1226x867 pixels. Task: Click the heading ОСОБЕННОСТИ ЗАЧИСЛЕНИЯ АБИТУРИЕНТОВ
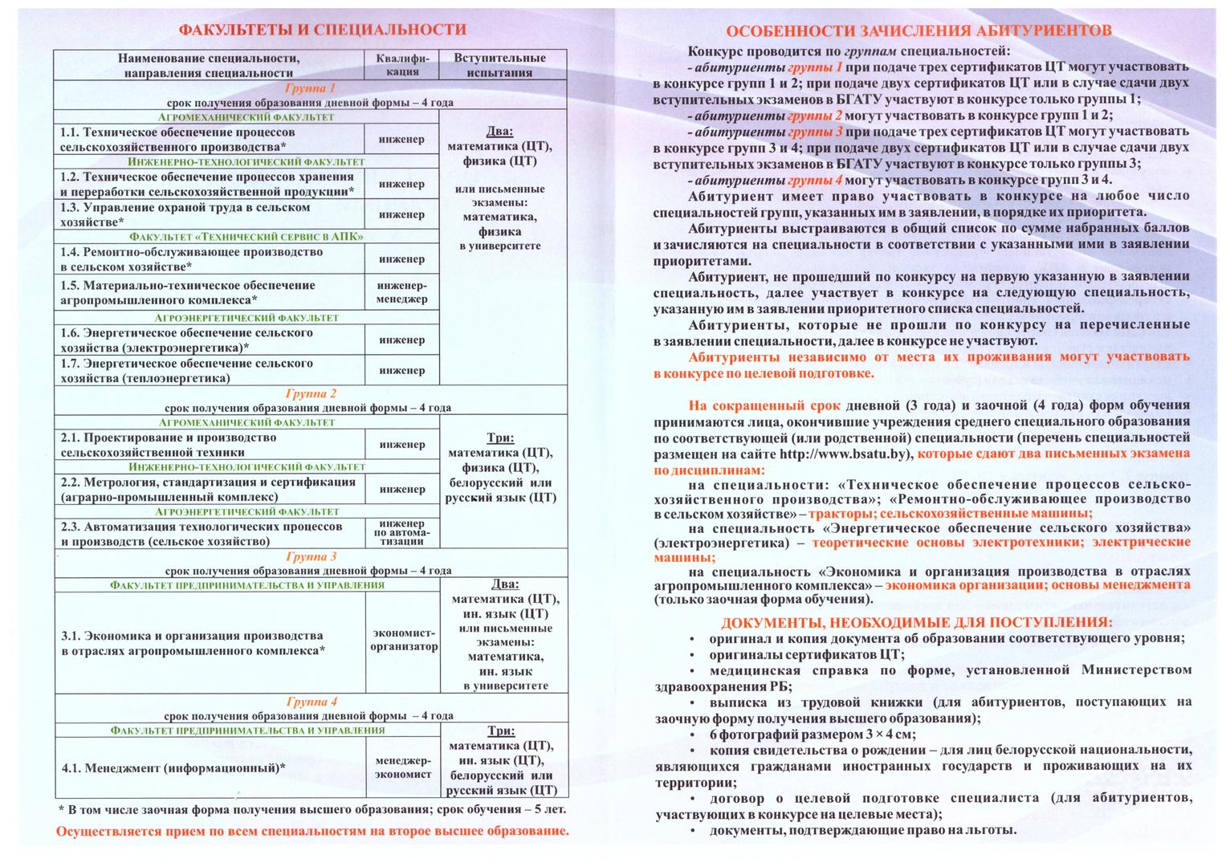(918, 31)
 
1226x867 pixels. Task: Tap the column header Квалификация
(402, 65)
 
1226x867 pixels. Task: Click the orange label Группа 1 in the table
(310, 88)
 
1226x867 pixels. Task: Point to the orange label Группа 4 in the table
(311, 701)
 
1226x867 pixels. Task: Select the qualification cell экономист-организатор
(404, 640)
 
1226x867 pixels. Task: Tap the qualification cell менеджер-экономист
(403, 767)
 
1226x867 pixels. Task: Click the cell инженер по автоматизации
(402, 532)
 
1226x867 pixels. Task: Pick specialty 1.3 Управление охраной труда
(185, 214)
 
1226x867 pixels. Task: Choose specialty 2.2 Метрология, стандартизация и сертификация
(208, 489)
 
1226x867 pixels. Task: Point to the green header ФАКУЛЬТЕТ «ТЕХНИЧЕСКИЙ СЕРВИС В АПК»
(246, 237)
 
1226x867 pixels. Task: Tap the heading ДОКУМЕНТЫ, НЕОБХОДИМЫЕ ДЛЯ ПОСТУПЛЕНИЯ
(917, 622)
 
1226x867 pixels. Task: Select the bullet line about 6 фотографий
(811, 734)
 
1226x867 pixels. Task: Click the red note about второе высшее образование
(312, 831)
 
